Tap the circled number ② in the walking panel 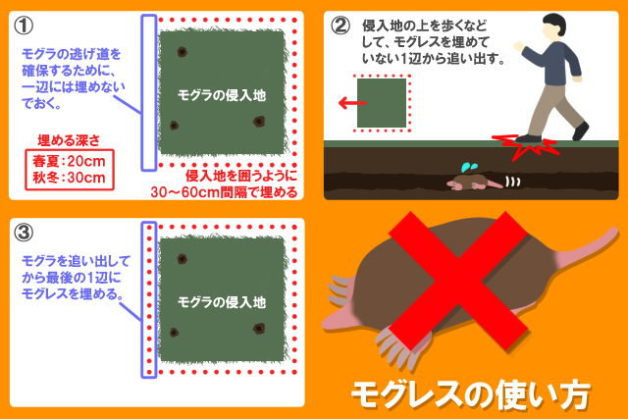(340, 26)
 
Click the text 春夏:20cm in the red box (68, 160)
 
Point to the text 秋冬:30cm (68, 178)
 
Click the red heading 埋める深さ (68, 140)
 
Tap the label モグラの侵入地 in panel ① (222, 94)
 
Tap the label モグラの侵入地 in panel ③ (222, 301)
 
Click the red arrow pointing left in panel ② (344, 102)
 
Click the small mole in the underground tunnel (473, 182)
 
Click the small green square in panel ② (382, 102)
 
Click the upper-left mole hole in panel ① (181, 52)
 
